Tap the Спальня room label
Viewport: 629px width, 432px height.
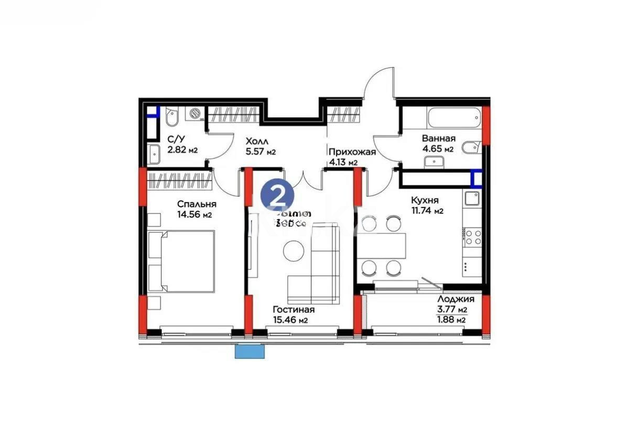pyautogui.click(x=197, y=204)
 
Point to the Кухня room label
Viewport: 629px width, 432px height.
pyautogui.click(x=425, y=201)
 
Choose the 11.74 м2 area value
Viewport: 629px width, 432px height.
pyautogui.click(x=427, y=211)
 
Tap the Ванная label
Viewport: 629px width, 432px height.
pyautogui.click(x=438, y=139)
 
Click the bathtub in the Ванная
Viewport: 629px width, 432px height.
pyautogui.click(x=454, y=118)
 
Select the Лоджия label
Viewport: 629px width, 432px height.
pyautogui.click(x=456, y=299)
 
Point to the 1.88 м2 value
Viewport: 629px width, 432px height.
pyautogui.click(x=452, y=320)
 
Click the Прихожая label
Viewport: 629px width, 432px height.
pyautogui.click(x=352, y=152)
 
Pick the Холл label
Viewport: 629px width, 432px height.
pyautogui.click(x=257, y=141)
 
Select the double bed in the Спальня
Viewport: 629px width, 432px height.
pyautogui.click(x=182, y=261)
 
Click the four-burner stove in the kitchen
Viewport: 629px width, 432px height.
pyautogui.click(x=473, y=237)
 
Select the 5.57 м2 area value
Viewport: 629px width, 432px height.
pyautogui.click(x=261, y=152)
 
